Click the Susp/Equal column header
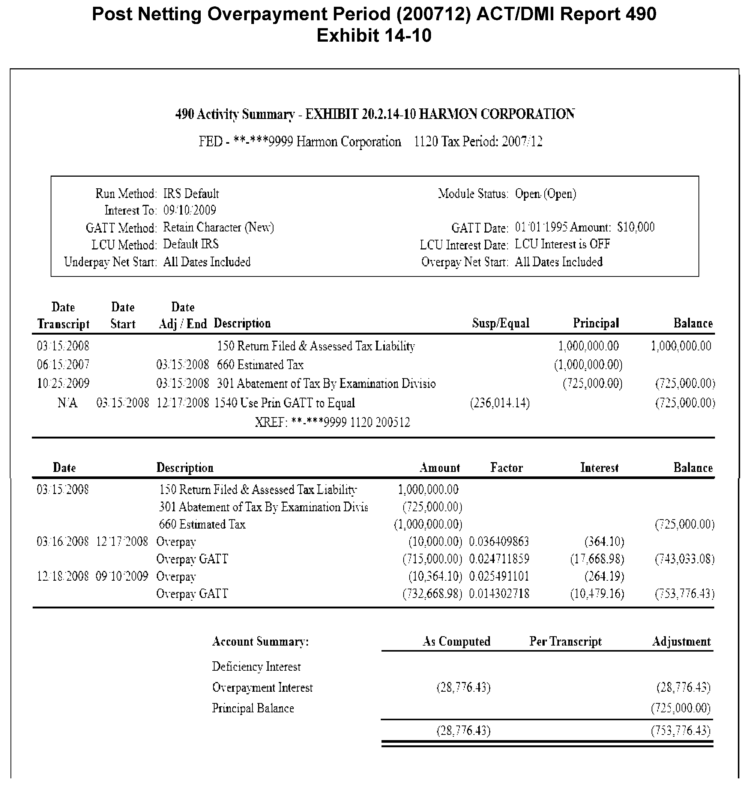click(x=500, y=323)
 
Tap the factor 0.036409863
click(x=499, y=541)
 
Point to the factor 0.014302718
click(x=499, y=594)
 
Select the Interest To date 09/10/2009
click(x=190, y=210)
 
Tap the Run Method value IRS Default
click(x=191, y=194)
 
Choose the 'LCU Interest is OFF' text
click(x=562, y=244)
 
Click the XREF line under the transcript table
click(x=332, y=422)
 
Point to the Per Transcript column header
click(x=565, y=641)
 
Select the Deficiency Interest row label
click(x=256, y=667)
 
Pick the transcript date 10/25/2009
click(x=63, y=383)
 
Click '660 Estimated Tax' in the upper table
click(x=260, y=365)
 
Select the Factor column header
click(x=506, y=468)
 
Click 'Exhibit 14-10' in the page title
click(x=374, y=36)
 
